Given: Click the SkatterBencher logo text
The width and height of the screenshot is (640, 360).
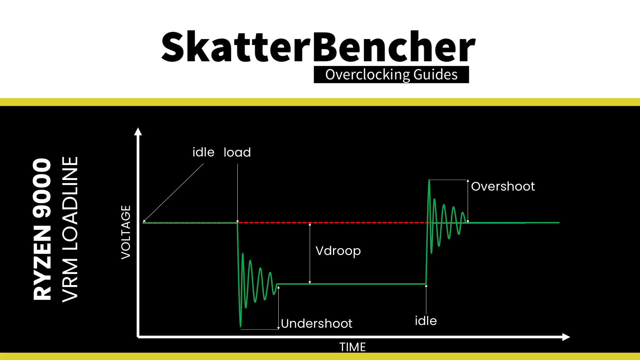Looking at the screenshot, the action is (x=318, y=47).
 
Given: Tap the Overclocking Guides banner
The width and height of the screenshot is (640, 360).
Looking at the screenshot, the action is (x=391, y=74).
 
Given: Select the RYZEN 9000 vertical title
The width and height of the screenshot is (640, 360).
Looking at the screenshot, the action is (x=42, y=229).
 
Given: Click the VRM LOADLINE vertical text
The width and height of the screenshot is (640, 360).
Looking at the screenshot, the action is (x=70, y=229).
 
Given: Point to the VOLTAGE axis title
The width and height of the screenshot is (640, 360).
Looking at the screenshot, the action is (x=126, y=232).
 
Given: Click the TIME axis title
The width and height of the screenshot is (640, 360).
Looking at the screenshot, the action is (x=352, y=347).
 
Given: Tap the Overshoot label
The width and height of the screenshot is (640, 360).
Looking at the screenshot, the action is (x=503, y=186).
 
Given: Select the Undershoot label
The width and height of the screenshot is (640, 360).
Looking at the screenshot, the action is (x=316, y=323).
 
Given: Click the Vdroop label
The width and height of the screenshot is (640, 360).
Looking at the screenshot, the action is (x=338, y=251).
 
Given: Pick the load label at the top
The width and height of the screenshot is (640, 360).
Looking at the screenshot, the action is (x=237, y=152).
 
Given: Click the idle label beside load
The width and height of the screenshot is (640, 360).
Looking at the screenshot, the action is (x=203, y=152).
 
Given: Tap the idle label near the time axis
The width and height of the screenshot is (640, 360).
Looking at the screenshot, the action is (x=426, y=321).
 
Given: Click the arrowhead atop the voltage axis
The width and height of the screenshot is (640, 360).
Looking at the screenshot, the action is (x=138, y=131).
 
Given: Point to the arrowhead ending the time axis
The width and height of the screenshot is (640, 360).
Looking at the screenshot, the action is (x=566, y=337).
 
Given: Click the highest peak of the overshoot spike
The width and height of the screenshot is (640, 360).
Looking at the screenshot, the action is (x=429, y=180).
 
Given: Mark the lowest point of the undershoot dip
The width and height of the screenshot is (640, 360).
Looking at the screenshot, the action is (x=241, y=327).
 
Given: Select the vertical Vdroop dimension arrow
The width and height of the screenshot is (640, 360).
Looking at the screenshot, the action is (x=310, y=253).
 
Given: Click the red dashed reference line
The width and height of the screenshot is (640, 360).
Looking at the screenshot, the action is (x=333, y=222).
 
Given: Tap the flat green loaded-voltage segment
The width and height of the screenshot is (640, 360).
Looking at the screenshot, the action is (x=351, y=284).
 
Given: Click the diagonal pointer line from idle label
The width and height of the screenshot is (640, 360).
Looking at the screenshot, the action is (x=173, y=193).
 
